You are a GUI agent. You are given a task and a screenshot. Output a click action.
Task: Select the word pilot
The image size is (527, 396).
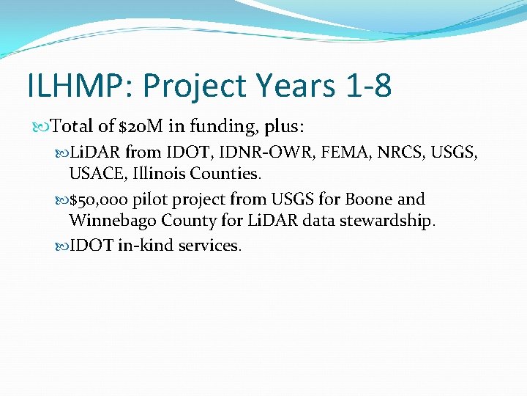point(149,199)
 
